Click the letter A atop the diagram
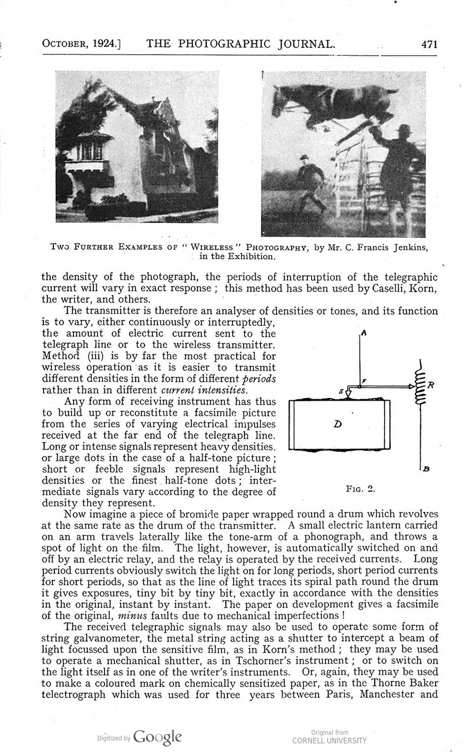(363, 333)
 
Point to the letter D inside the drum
(338, 423)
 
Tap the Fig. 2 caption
(361, 489)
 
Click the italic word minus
(133, 615)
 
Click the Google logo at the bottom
(157, 737)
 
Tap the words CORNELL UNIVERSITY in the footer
(329, 740)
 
